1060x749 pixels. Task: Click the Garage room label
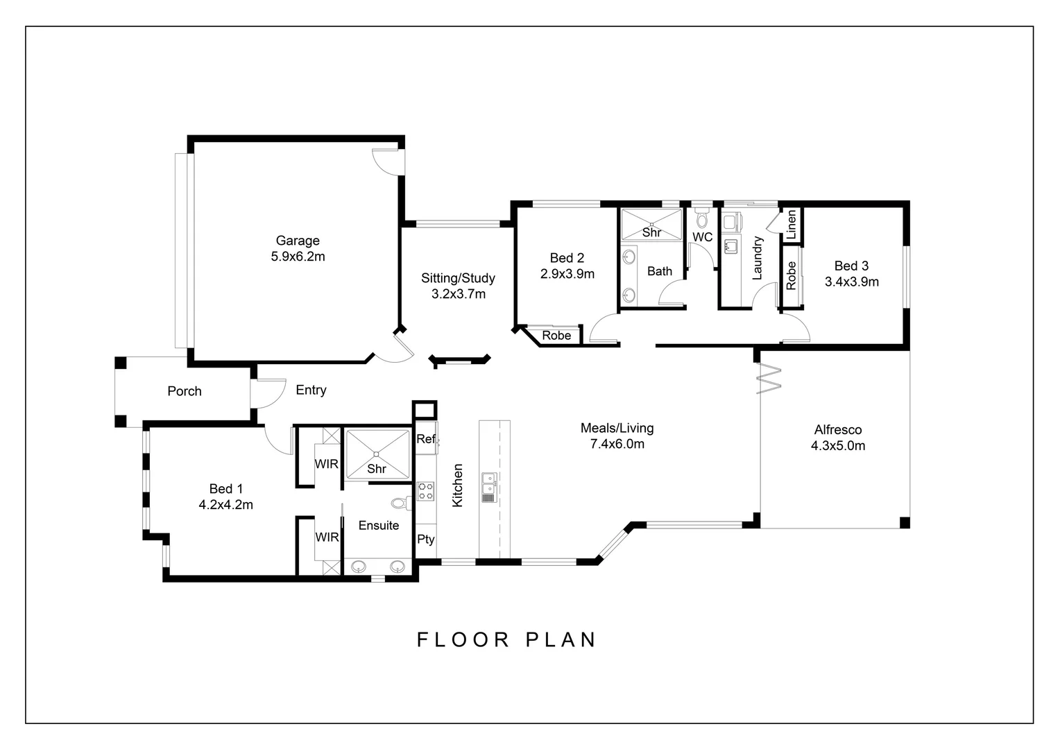(298, 241)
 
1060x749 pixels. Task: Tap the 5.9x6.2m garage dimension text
(298, 257)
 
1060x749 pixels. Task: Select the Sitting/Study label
(458, 278)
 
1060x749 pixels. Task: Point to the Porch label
(185, 391)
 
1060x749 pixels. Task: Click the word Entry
(311, 390)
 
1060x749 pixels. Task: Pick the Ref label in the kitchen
(425, 439)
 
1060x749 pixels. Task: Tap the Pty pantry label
(425, 539)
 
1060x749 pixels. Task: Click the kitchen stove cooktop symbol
(425, 491)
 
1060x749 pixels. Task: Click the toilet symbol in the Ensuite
(399, 503)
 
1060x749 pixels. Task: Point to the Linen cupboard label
(792, 225)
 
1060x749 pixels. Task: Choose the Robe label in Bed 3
(792, 275)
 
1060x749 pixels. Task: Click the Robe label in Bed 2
(556, 336)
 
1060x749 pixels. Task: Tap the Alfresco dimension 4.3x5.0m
(837, 446)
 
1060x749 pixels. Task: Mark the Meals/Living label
(617, 428)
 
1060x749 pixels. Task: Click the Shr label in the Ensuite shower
(377, 469)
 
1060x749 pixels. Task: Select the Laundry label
(758, 258)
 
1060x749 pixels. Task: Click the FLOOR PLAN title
(506, 639)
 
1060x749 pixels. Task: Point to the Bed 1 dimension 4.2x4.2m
(225, 505)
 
